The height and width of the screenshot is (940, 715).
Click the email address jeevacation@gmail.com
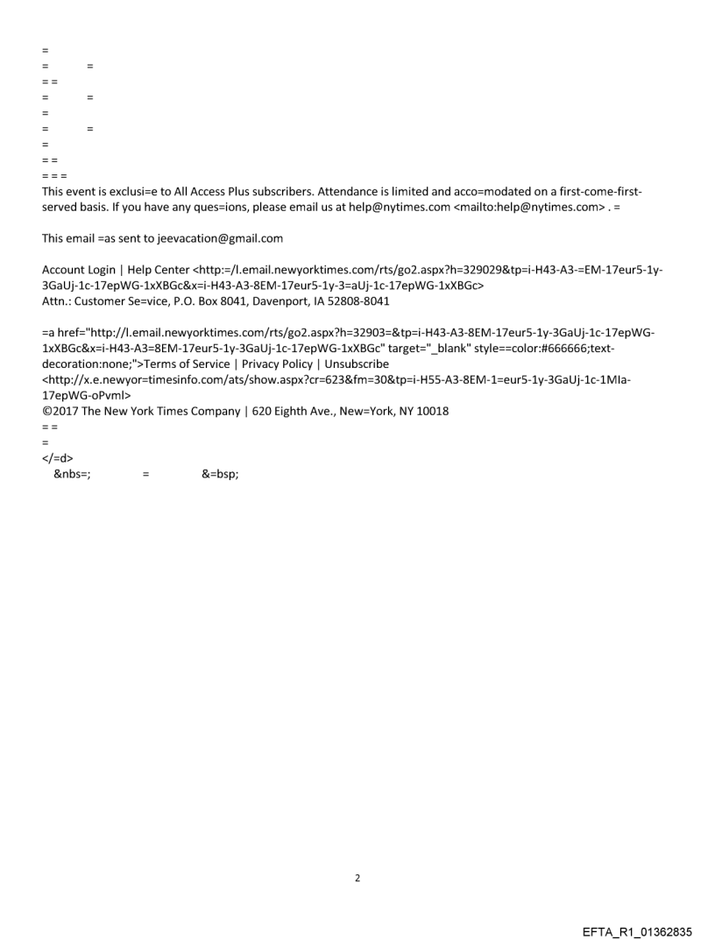[208, 238]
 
